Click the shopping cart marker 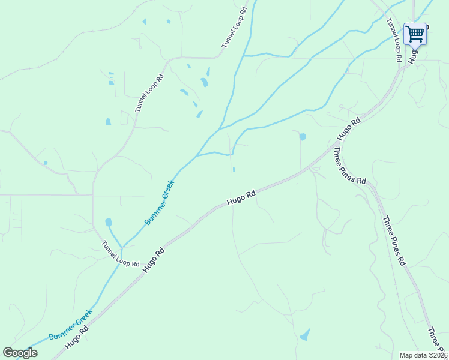click(x=415, y=34)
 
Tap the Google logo click(x=20, y=353)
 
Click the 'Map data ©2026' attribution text click(x=423, y=355)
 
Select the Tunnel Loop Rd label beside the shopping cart click(x=393, y=40)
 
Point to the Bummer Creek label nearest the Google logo click(x=71, y=325)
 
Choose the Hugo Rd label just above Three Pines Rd click(x=349, y=129)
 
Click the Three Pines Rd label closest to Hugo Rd click(x=350, y=165)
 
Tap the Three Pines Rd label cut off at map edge click(x=438, y=340)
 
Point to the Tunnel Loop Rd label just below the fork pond click(x=120, y=254)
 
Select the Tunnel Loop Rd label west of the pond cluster click(x=149, y=92)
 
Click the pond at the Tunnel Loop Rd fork click(x=109, y=223)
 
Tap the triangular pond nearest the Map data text click(x=305, y=334)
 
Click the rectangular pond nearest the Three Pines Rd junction click(x=302, y=137)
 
